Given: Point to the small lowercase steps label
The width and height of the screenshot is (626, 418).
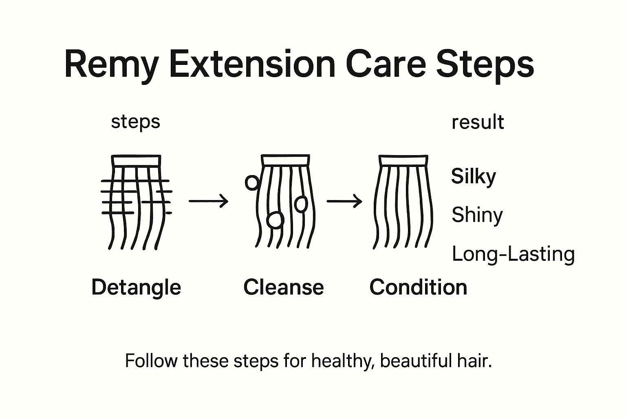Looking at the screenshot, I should (x=135, y=122).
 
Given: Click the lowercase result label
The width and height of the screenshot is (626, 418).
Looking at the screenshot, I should (x=478, y=122).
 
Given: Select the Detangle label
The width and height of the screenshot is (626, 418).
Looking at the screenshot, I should (x=136, y=288).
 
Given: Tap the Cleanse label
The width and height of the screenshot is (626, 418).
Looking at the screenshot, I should (x=283, y=287).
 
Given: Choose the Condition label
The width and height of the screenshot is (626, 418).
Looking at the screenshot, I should (x=418, y=287).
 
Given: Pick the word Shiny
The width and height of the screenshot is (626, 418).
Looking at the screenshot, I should (x=477, y=215).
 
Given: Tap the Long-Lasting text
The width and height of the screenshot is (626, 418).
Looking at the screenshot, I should (x=513, y=254).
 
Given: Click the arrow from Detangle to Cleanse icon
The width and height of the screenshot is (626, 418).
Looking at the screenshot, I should (x=208, y=201).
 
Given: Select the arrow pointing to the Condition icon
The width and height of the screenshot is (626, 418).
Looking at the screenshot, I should (x=344, y=201).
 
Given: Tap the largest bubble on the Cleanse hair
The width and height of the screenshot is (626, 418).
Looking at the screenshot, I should (x=275, y=220).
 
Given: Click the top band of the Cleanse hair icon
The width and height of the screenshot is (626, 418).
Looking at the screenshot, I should (x=285, y=160).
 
